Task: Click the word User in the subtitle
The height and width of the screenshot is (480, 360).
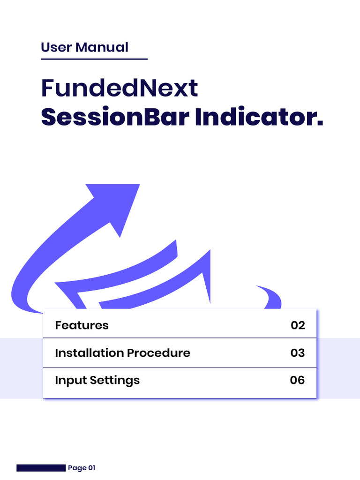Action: point(56,47)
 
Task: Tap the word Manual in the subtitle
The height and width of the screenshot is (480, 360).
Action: point(102,47)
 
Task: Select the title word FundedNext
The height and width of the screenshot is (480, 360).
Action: point(120,88)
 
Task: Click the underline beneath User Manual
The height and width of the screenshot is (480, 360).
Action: point(94,59)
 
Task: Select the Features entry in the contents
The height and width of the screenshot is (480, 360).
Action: point(82,325)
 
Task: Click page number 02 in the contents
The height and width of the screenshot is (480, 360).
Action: point(298,325)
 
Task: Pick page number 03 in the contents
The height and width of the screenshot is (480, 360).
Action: point(298,353)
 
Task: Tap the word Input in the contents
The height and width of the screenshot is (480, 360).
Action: point(67,380)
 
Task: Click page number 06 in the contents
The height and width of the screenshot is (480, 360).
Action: point(298,380)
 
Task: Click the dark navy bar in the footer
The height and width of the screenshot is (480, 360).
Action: point(41,468)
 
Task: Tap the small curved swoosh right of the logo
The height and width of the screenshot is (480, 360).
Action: point(270,297)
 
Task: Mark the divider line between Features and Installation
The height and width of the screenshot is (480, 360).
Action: point(180,338)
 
